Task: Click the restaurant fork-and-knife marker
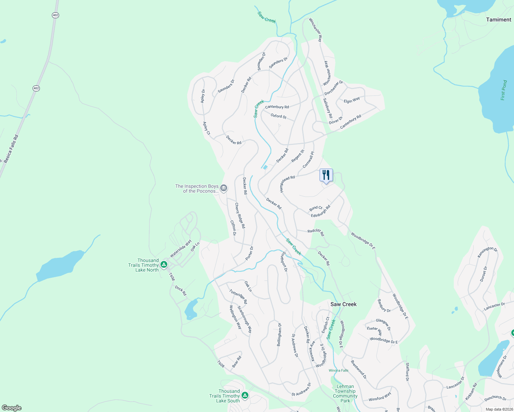[x=326, y=175]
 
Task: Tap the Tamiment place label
[x=499, y=20]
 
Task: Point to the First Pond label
[x=504, y=90]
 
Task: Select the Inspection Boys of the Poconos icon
[x=224, y=188]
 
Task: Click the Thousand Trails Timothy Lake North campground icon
[x=164, y=264]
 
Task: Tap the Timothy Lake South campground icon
[x=245, y=396]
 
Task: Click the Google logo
[x=11, y=408]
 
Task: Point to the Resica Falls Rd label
[x=11, y=149]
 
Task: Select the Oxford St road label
[x=278, y=116]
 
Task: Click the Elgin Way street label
[x=352, y=100]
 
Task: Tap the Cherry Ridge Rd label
[x=240, y=216]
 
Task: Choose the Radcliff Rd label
[x=316, y=232]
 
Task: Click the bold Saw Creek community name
[x=343, y=304]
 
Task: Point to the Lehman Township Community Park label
[x=345, y=393]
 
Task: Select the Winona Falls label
[x=338, y=370]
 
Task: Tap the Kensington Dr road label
[x=487, y=252]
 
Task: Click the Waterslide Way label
[x=181, y=249]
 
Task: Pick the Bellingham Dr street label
[x=280, y=334]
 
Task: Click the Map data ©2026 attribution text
[x=498, y=409]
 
